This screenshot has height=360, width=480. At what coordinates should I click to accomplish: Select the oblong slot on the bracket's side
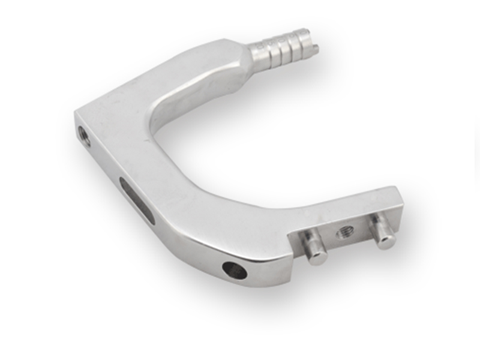tap(137, 200)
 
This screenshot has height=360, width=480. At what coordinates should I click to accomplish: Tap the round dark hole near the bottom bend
tap(234, 270)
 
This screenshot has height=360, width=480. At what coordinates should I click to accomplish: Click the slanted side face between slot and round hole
tap(186, 240)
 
